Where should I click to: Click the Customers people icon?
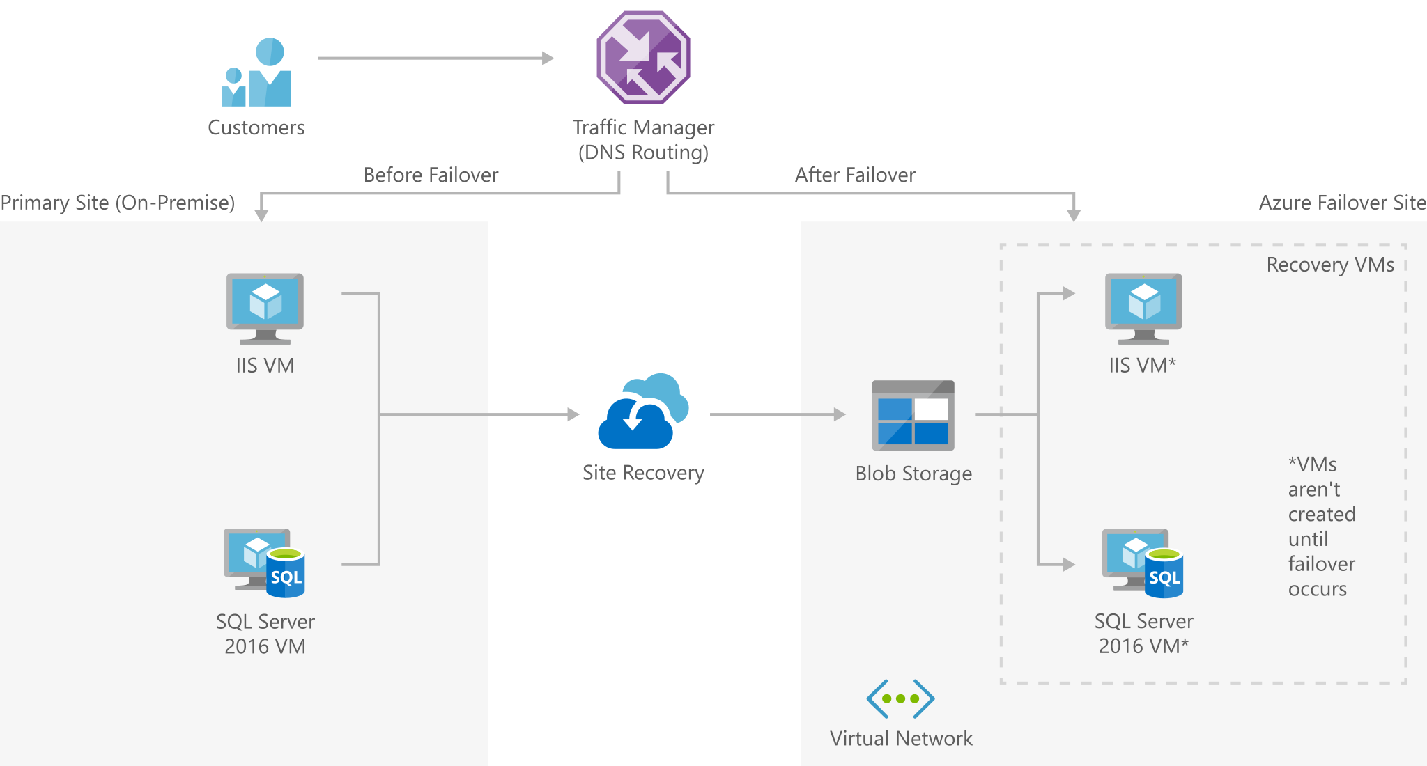[256, 73]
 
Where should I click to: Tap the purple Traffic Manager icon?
[643, 58]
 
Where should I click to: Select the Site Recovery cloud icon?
[643, 412]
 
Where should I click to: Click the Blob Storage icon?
[913, 415]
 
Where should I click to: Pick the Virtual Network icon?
[900, 698]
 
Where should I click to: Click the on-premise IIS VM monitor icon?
[265, 308]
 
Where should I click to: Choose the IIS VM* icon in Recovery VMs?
[1143, 308]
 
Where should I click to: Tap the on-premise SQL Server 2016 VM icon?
[265, 563]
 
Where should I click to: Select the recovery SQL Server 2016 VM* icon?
[1143, 563]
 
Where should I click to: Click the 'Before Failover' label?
[431, 175]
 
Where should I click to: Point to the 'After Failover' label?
[855, 175]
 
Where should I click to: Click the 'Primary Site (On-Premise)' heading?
[118, 203]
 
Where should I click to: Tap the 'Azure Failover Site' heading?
[1342, 203]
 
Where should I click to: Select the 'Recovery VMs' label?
[1330, 265]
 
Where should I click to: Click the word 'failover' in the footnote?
[1321, 563]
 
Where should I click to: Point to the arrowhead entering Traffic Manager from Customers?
[548, 58]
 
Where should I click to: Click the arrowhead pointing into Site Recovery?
[573, 414]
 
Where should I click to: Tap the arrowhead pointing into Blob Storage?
[840, 414]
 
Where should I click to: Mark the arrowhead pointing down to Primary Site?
[261, 215]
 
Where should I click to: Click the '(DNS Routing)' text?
[643, 153]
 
